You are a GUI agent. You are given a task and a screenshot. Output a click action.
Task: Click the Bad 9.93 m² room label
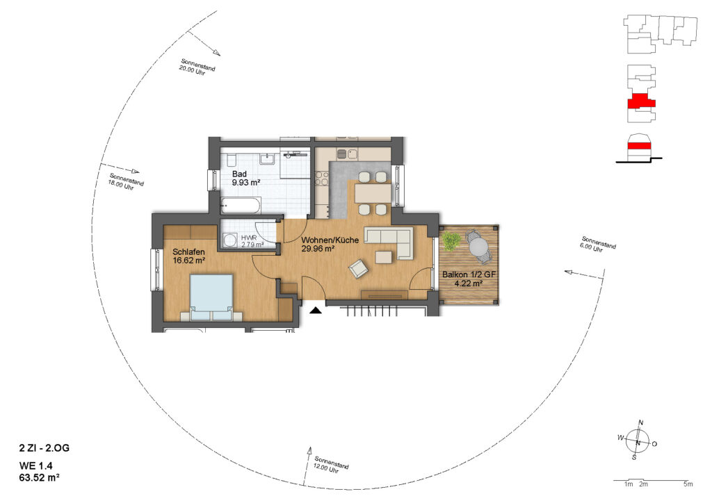tap(245, 179)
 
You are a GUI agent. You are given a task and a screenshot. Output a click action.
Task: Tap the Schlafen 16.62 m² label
tap(189, 256)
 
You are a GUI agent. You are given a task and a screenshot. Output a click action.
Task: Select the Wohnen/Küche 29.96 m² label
tap(330, 244)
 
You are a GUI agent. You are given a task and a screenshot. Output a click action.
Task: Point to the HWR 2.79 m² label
tap(252, 241)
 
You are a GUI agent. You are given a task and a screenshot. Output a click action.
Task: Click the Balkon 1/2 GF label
tap(469, 274)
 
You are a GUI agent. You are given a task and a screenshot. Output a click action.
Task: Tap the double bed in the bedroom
tap(211, 297)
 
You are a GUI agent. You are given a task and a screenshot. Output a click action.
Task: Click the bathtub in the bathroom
tap(241, 206)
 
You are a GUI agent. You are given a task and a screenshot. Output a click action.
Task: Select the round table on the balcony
tap(478, 247)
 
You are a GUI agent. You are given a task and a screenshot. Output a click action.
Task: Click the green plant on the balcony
tap(451, 241)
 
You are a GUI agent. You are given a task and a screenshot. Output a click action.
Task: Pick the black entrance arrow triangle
tap(316, 311)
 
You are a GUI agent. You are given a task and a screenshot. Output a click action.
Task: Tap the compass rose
tap(638, 441)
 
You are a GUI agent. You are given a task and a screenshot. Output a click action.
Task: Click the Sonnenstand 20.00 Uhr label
tap(197, 67)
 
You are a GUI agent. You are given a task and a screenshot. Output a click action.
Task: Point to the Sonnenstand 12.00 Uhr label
tap(331, 465)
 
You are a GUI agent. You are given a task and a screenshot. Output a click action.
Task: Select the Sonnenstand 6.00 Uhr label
tap(597, 245)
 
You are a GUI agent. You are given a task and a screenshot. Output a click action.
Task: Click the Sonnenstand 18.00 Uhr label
tap(125, 182)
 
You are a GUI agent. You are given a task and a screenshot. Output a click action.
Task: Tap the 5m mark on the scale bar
tap(688, 484)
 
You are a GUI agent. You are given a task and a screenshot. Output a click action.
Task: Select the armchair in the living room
tap(358, 268)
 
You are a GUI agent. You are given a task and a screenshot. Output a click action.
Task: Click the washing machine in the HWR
tap(230, 240)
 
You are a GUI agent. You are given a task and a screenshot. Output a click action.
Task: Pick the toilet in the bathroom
tap(230, 160)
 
